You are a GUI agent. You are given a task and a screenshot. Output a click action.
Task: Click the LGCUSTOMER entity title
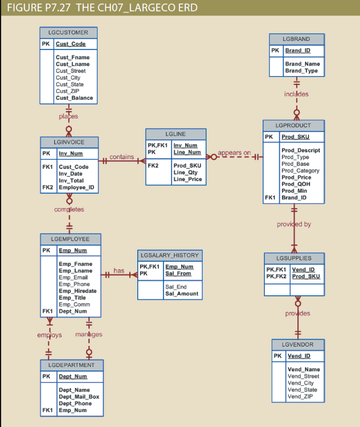68,32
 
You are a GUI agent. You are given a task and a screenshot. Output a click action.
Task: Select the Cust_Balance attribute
74,98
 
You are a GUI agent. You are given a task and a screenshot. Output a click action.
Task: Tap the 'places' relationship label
68,117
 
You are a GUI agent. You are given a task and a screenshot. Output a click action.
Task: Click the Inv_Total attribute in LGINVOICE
71,180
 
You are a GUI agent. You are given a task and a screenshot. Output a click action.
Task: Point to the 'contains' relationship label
122,157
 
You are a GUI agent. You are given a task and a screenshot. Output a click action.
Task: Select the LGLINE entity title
175,134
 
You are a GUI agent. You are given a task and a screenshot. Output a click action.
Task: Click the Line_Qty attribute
185,172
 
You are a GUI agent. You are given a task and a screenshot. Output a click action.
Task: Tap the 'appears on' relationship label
234,153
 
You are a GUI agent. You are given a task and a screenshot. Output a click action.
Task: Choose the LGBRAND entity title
296,39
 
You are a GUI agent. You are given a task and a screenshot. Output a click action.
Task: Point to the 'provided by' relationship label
294,224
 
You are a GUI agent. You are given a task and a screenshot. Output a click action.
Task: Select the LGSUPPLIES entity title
294,258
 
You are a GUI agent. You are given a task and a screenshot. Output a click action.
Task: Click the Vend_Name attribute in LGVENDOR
304,369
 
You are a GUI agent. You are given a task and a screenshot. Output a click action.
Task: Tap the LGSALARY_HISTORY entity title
169,255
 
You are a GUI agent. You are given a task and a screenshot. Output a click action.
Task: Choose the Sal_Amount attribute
182,294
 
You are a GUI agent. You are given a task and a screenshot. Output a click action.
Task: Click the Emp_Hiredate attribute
77,291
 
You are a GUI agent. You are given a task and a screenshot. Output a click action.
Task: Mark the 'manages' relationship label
89,334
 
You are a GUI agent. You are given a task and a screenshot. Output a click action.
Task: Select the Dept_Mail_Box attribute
79,397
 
